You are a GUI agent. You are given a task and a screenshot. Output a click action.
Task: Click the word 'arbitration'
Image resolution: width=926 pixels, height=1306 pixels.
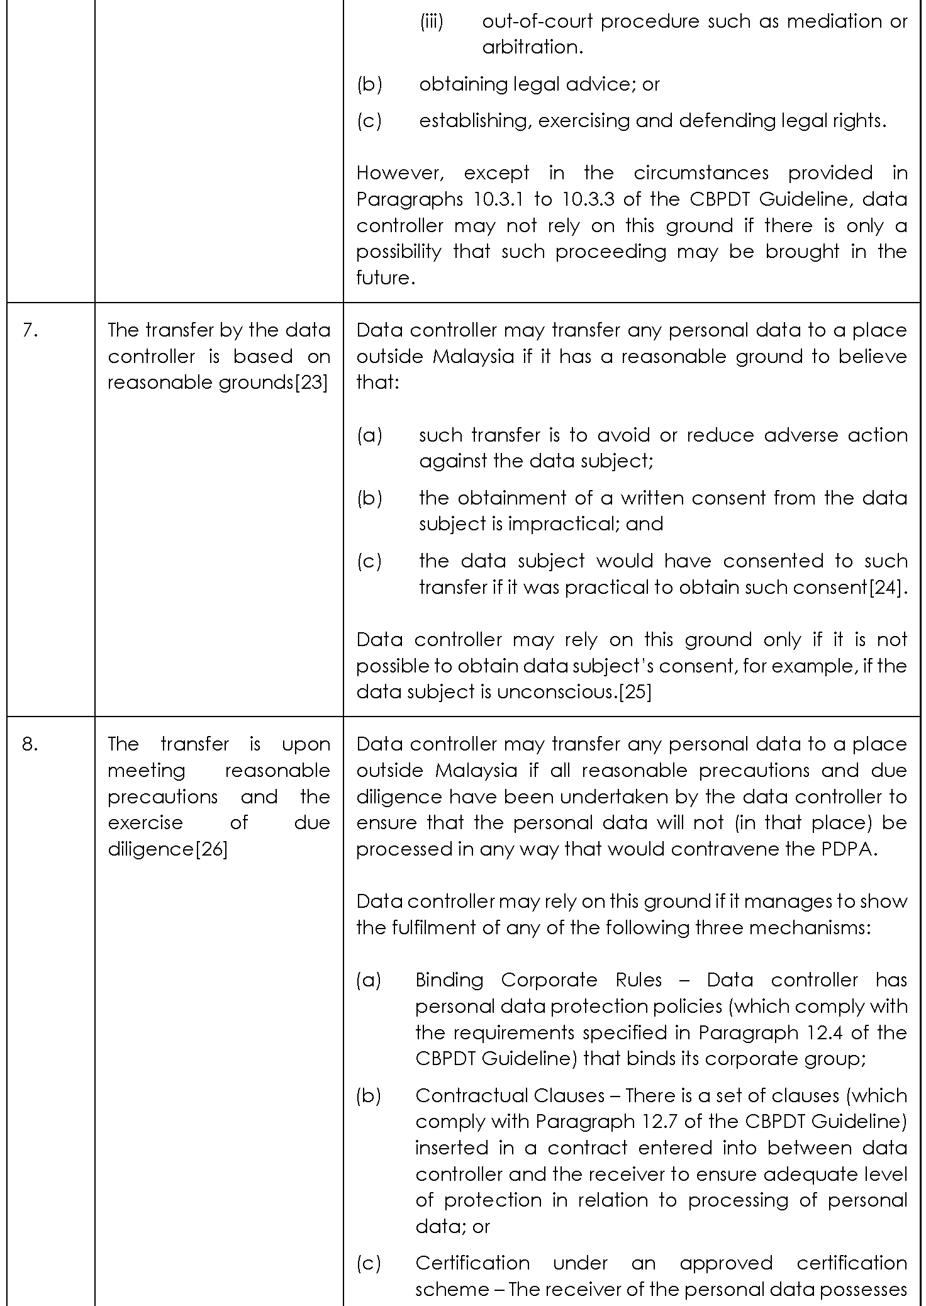tap(532, 47)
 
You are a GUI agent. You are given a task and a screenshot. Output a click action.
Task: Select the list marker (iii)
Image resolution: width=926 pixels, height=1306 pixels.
tap(432, 21)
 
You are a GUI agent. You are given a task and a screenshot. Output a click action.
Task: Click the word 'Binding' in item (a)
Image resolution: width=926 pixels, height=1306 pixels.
tap(449, 980)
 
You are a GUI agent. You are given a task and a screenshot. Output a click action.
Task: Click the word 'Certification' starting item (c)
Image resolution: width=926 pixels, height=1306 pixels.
tap(472, 1263)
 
